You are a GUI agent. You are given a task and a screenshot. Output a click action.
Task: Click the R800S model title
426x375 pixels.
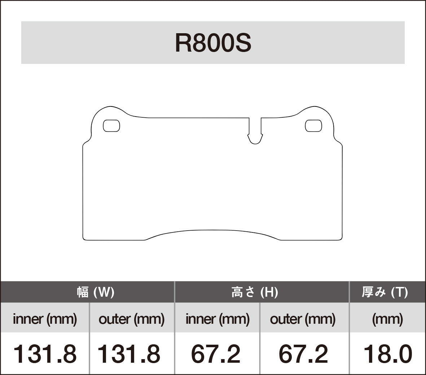(213, 43)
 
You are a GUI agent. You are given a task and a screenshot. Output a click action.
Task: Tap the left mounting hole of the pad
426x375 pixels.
(111, 126)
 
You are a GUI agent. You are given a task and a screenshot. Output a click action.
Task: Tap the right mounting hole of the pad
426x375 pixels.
(313, 126)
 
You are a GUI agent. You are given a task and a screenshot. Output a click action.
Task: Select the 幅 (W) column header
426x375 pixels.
(96, 292)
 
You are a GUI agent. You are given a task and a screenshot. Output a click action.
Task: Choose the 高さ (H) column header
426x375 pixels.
(255, 292)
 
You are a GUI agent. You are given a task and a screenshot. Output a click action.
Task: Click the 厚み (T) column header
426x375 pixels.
(385, 292)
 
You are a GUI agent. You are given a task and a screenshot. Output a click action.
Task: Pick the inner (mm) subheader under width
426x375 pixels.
(45, 319)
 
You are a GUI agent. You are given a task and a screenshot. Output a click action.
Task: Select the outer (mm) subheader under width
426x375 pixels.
(131, 319)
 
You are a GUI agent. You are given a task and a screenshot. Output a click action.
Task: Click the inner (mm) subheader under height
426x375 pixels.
(217, 319)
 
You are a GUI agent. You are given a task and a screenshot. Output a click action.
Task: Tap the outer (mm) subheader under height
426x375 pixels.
(303, 319)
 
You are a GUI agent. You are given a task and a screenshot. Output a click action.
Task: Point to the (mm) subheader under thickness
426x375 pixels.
(387, 319)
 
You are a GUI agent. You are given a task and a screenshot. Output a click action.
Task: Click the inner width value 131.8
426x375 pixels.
(45, 354)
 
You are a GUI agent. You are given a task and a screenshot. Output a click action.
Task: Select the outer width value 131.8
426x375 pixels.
(129, 354)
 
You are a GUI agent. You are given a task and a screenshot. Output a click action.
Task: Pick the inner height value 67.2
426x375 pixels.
(215, 354)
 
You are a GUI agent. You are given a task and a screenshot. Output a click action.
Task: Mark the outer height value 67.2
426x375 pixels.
(303, 354)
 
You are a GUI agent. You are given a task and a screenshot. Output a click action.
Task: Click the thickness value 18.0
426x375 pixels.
(387, 354)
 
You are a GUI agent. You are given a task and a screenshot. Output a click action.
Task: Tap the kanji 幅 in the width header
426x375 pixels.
(83, 292)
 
